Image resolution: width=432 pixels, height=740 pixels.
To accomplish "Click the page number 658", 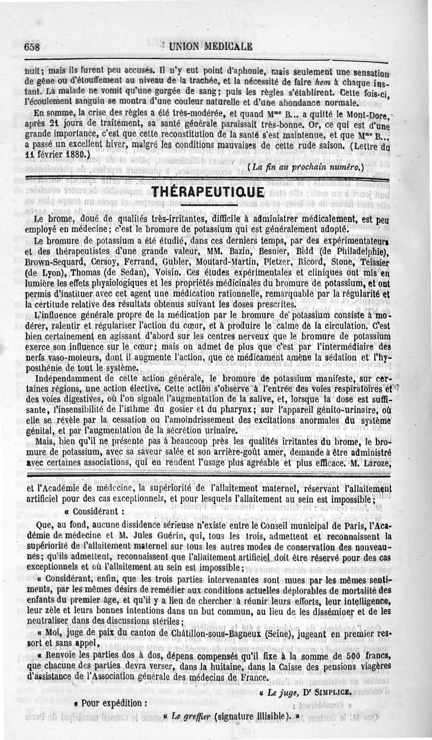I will (33, 47).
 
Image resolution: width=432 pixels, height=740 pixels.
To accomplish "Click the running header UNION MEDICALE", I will (211, 46).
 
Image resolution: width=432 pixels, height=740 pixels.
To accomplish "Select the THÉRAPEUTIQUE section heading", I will (208, 193).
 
